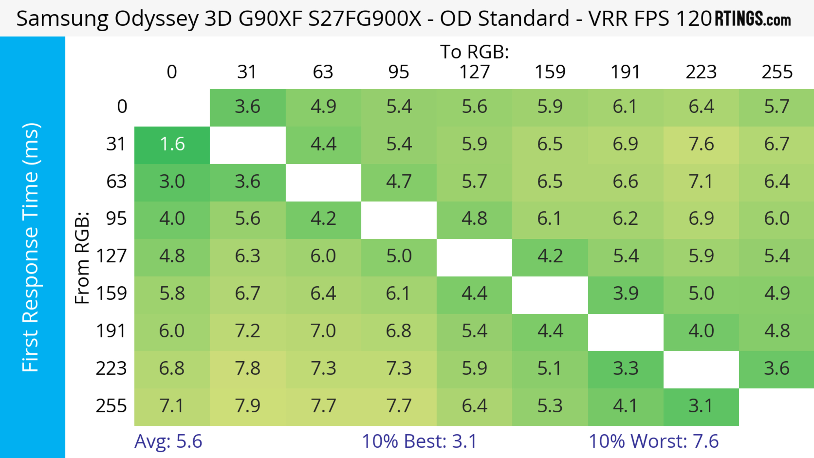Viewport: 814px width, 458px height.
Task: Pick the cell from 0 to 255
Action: (x=776, y=107)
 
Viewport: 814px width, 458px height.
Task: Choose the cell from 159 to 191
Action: (x=625, y=294)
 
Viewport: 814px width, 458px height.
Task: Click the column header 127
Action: (x=474, y=72)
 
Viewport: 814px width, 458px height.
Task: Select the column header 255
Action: (x=777, y=72)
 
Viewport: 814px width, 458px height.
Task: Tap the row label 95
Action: (x=116, y=219)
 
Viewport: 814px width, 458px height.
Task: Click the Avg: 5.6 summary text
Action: (x=168, y=441)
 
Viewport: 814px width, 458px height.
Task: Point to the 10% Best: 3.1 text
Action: (x=419, y=441)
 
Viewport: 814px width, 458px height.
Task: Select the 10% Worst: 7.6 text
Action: (x=654, y=441)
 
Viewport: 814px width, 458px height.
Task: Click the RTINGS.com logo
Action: (x=753, y=19)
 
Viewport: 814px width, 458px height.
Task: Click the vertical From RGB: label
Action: (x=82, y=258)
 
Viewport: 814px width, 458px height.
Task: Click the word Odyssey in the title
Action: (x=156, y=19)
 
